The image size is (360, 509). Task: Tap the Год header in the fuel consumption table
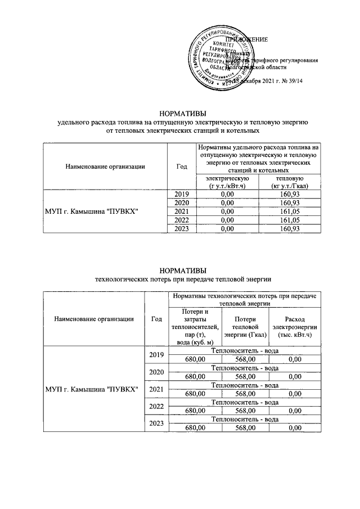181,166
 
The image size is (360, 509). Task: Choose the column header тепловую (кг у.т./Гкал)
287,182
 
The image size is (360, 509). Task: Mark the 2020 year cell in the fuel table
181,202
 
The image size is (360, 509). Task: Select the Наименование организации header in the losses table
93,319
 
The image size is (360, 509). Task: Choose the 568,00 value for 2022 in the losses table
246,411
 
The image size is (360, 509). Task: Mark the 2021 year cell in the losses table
156,389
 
